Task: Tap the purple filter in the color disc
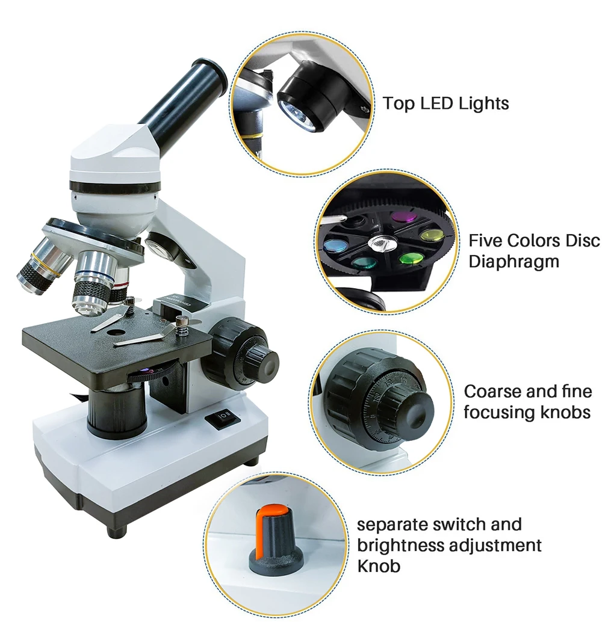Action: (405, 217)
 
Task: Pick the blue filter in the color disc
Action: (334, 246)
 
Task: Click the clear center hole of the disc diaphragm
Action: (382, 242)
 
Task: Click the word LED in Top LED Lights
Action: (436, 103)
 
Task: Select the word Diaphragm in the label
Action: (514, 262)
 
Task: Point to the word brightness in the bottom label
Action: (403, 545)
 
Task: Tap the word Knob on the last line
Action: (379, 565)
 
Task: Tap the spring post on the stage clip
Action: (182, 327)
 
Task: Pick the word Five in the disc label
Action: (485, 241)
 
